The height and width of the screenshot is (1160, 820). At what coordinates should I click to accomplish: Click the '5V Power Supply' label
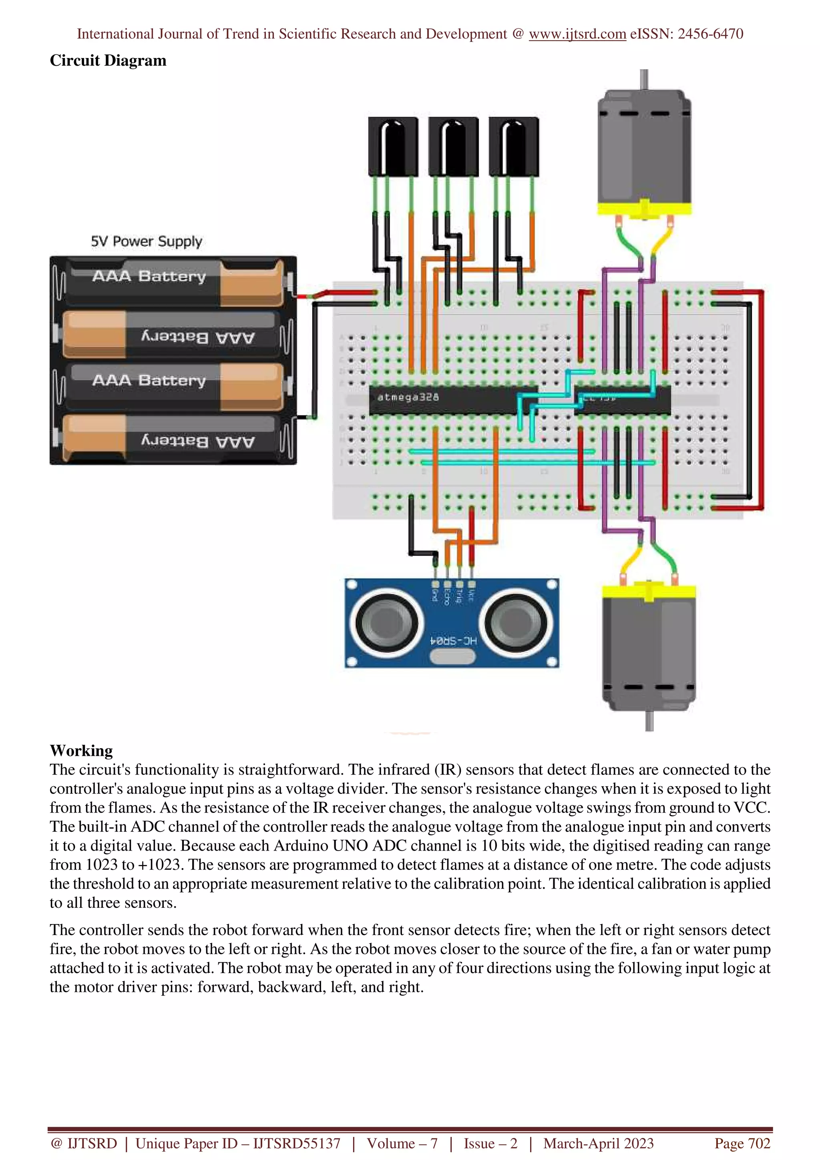(147, 241)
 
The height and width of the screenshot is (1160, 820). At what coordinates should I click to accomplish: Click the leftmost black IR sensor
(393, 147)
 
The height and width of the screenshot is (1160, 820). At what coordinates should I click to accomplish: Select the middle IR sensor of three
(453, 147)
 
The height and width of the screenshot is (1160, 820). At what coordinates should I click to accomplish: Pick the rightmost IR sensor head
(513, 147)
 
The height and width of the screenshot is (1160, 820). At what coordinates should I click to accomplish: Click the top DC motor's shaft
(644, 79)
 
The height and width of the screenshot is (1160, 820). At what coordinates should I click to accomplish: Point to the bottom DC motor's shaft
(649, 720)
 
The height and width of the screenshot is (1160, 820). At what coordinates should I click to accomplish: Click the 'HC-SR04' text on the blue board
(453, 640)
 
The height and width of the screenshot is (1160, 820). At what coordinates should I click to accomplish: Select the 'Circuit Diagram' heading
(108, 60)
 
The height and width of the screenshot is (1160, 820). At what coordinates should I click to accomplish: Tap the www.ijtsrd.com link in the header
(577, 34)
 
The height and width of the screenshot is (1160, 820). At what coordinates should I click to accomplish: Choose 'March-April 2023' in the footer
(598, 1143)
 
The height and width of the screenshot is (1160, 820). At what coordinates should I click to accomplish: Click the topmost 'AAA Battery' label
(149, 276)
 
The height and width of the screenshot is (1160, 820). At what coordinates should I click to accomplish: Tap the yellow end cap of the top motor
(644, 209)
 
